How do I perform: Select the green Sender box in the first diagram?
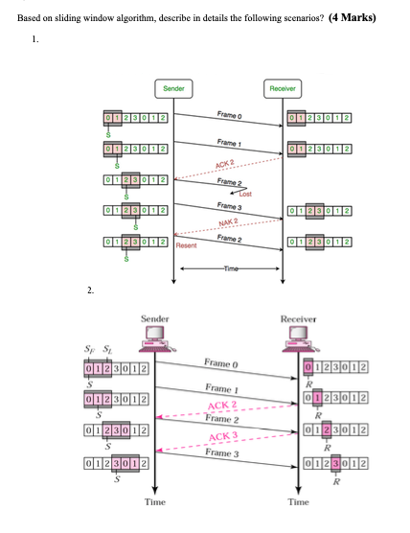[173, 88]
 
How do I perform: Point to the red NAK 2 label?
[228, 223]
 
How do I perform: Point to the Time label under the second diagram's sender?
[155, 501]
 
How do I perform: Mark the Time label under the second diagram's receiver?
[299, 501]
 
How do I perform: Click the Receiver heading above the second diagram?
[298, 317]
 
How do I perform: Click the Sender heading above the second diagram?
[155, 317]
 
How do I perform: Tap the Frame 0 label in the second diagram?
[220, 363]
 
